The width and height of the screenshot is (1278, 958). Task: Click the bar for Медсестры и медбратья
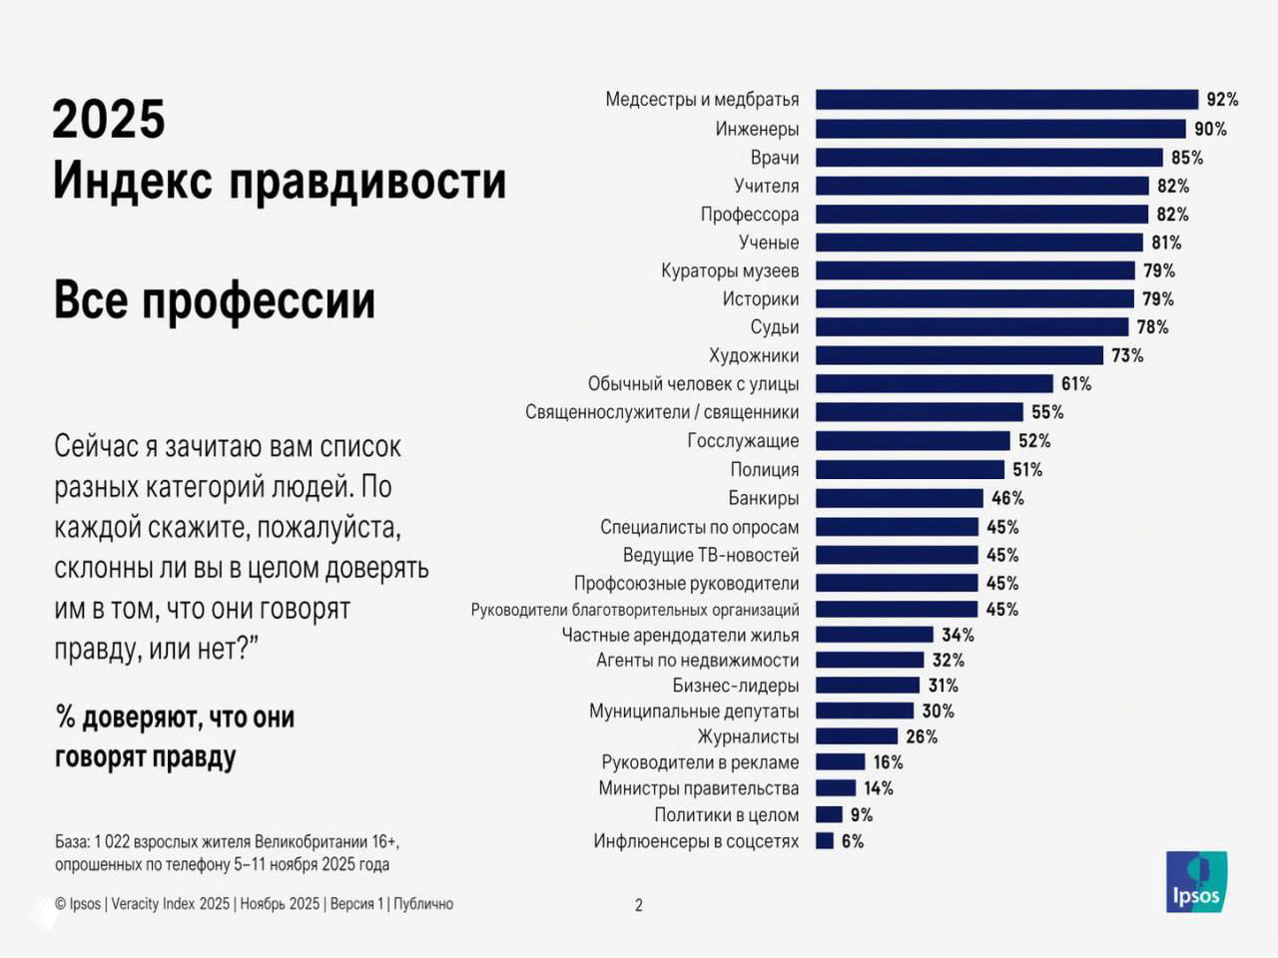(1006, 100)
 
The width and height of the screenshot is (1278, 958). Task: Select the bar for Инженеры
(1000, 129)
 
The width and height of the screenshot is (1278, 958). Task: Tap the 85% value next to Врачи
(1187, 158)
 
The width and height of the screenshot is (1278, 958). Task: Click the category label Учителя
(766, 186)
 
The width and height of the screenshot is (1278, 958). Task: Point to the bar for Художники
(959, 355)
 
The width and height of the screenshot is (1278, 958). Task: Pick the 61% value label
(1076, 384)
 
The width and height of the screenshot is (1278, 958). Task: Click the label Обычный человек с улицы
(693, 384)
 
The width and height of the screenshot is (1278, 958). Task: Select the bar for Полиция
(910, 470)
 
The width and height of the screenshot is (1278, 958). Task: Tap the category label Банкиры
(763, 498)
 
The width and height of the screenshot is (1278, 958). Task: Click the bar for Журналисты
(857, 736)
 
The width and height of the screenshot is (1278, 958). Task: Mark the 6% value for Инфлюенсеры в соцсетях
(853, 841)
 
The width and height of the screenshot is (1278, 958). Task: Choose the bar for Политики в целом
(829, 814)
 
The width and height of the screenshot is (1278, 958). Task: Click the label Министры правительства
(698, 788)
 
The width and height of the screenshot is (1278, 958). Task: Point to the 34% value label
(958, 635)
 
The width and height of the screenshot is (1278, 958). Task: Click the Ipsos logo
(1196, 881)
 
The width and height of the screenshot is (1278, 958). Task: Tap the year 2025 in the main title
(108, 120)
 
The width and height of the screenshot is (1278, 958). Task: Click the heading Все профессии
(214, 300)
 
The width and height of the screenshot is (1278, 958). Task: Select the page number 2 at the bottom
(639, 905)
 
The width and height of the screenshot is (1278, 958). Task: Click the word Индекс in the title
(132, 182)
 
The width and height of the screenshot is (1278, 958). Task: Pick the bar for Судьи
(971, 327)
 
